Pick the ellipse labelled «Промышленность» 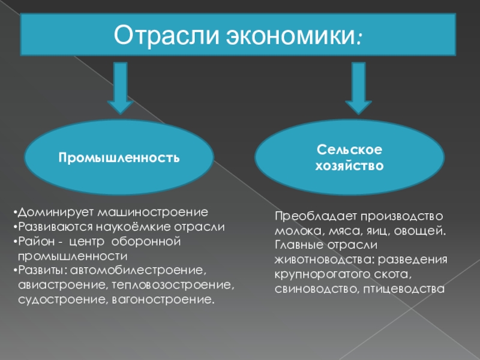pyautogui.click(x=119, y=158)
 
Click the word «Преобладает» pyautogui.click(x=308, y=215)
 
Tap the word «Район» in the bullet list pyautogui.click(x=34, y=241)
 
